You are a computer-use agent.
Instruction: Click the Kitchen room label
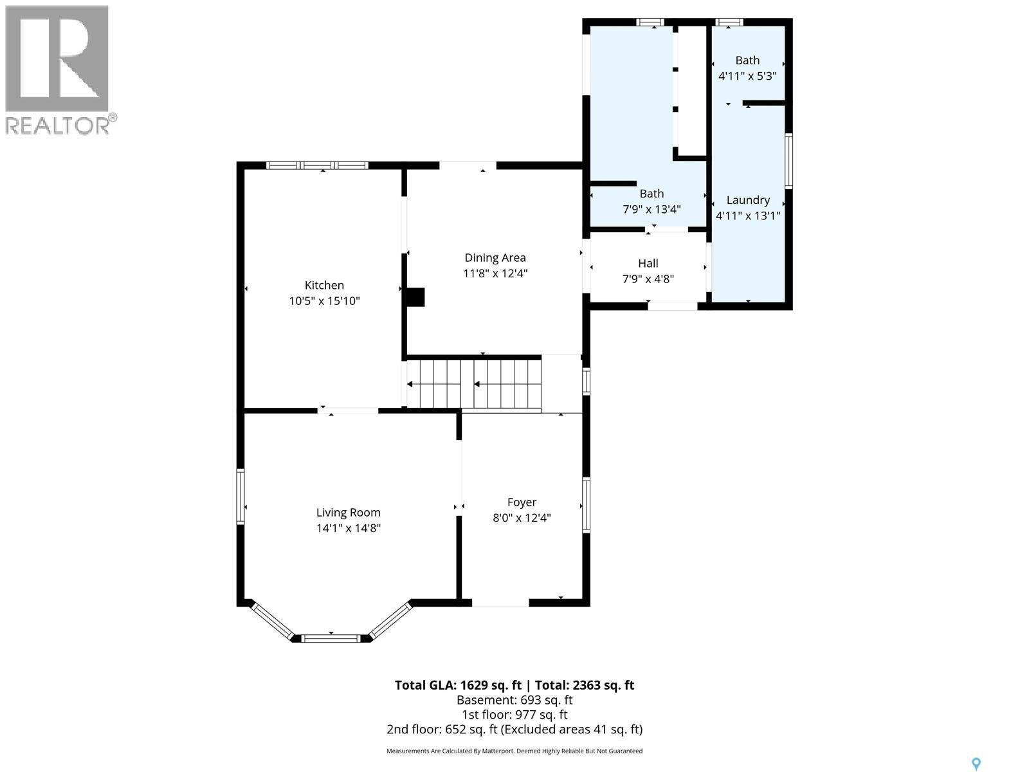click(324, 285)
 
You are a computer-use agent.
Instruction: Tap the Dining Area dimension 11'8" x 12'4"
click(495, 273)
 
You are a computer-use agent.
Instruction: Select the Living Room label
click(348, 513)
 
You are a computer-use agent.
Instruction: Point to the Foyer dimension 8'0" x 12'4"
click(522, 518)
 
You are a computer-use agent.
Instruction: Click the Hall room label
click(648, 263)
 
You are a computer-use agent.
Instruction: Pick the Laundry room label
click(748, 200)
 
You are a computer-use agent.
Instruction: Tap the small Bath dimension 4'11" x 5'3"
click(747, 75)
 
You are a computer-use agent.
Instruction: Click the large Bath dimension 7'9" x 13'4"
click(651, 209)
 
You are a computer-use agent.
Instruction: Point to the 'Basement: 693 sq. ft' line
click(514, 700)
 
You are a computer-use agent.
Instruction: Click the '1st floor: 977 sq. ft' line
click(514, 715)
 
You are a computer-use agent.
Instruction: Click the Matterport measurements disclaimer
click(514, 751)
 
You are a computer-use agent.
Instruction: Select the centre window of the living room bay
click(331, 638)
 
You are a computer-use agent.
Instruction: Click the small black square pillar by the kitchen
click(415, 297)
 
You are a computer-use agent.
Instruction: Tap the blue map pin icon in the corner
click(976, 764)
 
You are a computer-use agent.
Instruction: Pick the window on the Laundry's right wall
click(788, 161)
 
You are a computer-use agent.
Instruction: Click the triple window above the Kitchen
click(317, 165)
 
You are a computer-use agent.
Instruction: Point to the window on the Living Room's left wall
click(241, 496)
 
